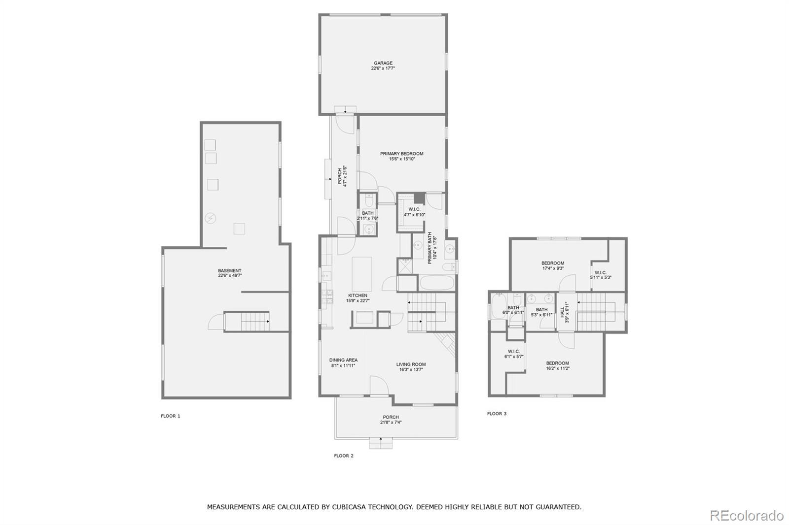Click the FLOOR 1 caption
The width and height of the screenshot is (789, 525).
(x=171, y=416)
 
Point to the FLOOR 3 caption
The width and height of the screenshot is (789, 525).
(x=497, y=414)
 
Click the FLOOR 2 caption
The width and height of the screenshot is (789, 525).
(x=344, y=456)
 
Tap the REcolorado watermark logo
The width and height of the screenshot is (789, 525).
(x=746, y=516)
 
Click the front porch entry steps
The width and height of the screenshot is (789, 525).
(x=381, y=443)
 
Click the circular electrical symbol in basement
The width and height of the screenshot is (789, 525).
(x=211, y=218)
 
